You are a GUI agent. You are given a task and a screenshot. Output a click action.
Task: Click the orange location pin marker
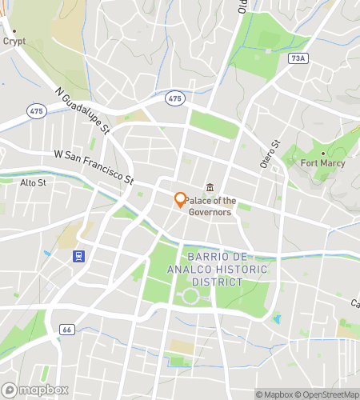(x=180, y=199)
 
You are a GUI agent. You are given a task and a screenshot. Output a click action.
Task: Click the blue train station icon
(x=79, y=256)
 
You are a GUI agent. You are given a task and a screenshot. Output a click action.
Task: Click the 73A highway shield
(x=298, y=58)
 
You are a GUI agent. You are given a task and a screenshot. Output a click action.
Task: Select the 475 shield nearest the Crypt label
(x=35, y=110)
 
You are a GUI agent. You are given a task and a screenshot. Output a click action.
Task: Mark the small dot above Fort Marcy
(x=322, y=154)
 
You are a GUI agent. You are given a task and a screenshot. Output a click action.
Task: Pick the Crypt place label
(x=14, y=41)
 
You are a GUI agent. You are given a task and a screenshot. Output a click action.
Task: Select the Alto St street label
(x=34, y=182)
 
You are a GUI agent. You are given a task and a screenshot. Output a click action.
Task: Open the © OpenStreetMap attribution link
(x=327, y=394)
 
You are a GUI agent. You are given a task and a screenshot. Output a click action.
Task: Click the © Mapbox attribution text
(x=274, y=394)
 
